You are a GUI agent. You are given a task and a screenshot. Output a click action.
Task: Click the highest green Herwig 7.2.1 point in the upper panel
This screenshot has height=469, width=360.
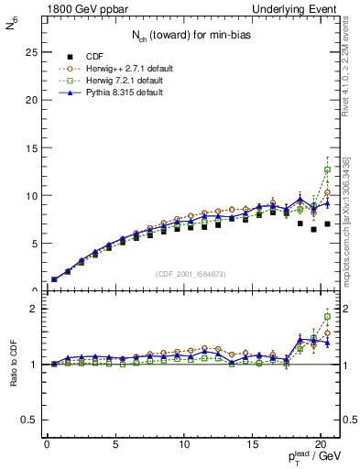[x=327, y=169]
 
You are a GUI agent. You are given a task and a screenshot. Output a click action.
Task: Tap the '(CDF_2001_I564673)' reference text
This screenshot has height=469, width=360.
[x=188, y=273]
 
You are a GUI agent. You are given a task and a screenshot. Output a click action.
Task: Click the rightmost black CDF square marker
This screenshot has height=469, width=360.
[x=327, y=224]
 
